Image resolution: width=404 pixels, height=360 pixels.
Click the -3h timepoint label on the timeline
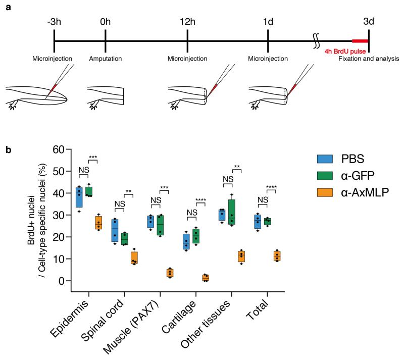pyautogui.click(x=54, y=23)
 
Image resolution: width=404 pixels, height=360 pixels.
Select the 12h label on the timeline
pyautogui.click(x=187, y=23)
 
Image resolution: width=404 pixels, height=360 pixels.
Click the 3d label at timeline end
pyautogui.click(x=369, y=23)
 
